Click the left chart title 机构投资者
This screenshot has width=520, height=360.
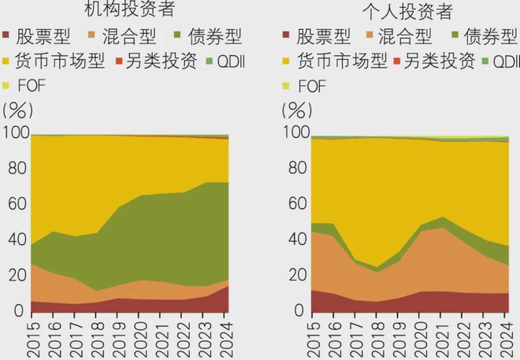[128, 12]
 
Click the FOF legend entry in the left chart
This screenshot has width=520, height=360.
[30, 84]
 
